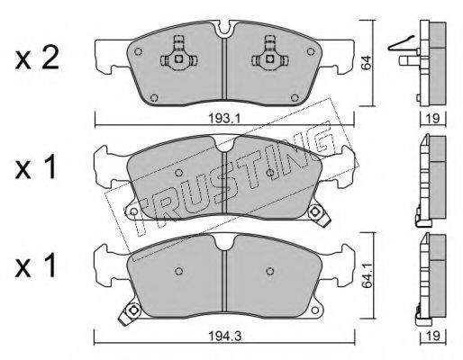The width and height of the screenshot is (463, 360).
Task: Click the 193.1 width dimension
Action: pos(224,119)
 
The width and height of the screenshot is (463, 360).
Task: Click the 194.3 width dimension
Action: pos(225,337)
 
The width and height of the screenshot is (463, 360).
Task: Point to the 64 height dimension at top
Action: pos(367,63)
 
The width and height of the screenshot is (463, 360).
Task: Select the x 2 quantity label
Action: pos(37,58)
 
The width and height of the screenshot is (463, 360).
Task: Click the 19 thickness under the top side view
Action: pos(432,119)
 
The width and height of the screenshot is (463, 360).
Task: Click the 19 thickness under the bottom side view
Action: pos(432,336)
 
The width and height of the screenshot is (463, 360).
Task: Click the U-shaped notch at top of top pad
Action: pos(224,29)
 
